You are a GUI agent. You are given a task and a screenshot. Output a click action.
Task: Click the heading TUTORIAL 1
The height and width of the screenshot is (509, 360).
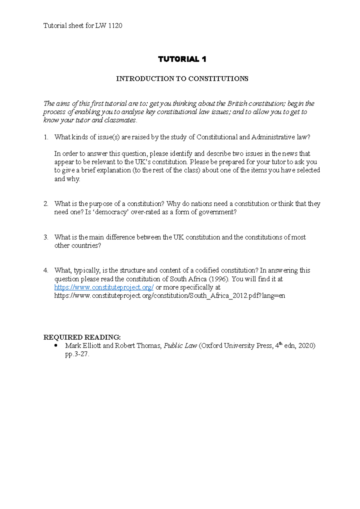pos(182,59)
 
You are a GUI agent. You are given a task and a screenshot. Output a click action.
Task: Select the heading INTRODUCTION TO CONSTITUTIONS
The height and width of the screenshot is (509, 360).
pos(182,79)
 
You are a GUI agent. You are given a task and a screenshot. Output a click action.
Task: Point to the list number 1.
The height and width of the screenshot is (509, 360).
pos(46,137)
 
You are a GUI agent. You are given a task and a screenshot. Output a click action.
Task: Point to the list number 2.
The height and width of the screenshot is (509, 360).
pos(46,204)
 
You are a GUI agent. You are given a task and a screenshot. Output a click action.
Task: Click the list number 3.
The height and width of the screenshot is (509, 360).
pos(46,237)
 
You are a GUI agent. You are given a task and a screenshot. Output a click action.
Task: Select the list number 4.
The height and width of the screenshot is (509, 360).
pos(46,270)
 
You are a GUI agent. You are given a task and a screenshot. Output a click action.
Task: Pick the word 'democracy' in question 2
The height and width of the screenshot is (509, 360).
pos(111,212)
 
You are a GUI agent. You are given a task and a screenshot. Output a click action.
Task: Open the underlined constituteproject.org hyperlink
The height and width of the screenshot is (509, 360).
pos(104,287)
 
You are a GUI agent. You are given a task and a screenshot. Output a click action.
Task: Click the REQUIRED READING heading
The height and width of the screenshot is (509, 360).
pos(82,338)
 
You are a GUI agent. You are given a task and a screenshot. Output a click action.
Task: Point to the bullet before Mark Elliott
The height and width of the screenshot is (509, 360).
pos(56,346)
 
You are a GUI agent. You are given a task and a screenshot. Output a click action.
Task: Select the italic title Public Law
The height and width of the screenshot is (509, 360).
pos(180,346)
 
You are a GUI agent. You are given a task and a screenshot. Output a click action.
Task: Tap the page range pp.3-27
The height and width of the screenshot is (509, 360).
pos(77,354)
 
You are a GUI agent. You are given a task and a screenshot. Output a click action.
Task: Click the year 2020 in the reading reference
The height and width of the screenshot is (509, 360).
pos(306,346)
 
